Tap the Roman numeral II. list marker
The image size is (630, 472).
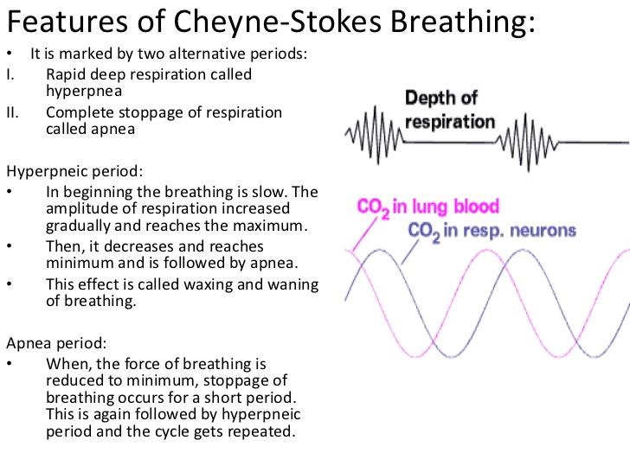(12, 112)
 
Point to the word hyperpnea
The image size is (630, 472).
(84, 89)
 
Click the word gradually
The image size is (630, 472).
(77, 225)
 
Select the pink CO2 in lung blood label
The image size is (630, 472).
(428, 207)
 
